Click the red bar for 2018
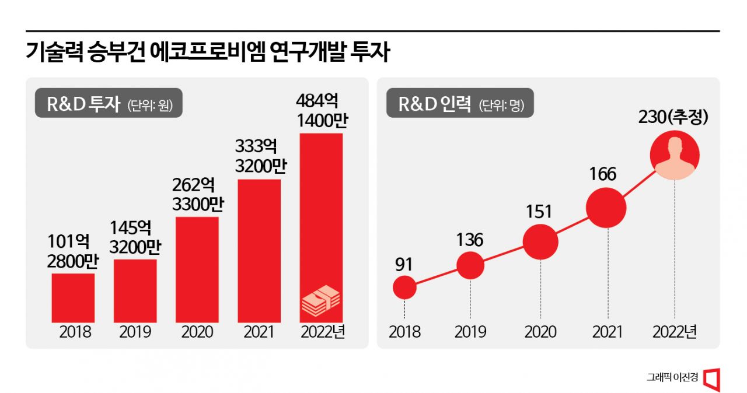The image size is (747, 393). (73, 297)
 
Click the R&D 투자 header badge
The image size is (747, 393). (108, 106)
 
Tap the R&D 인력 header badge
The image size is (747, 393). (460, 106)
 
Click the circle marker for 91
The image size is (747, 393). (404, 287)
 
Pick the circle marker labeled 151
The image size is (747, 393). (540, 241)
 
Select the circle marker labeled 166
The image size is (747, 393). (606, 208)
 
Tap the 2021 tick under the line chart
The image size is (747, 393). (608, 332)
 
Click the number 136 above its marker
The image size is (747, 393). (470, 240)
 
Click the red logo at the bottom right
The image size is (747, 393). (711, 378)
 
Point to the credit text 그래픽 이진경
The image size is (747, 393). (672, 378)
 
